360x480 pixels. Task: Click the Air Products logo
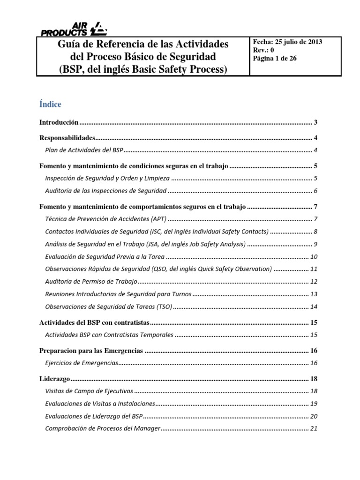click(x=74, y=29)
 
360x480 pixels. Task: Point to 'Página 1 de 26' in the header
click(x=274, y=59)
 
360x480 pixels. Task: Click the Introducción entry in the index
click(x=58, y=123)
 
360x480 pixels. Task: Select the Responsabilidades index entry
click(x=66, y=138)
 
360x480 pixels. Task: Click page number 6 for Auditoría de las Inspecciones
click(x=315, y=190)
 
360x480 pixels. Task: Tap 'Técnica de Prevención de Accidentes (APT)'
click(x=106, y=219)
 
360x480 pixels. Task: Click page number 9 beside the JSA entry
click(x=315, y=244)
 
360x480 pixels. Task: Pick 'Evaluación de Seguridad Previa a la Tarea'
click(x=105, y=256)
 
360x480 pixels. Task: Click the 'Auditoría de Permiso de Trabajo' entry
click(x=91, y=282)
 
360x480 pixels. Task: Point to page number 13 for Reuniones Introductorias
click(x=314, y=294)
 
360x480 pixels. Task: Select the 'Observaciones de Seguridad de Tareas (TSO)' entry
click(x=108, y=307)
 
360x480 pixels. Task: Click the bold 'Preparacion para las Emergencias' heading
click(x=90, y=351)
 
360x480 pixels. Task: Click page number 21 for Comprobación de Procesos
click(x=314, y=428)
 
